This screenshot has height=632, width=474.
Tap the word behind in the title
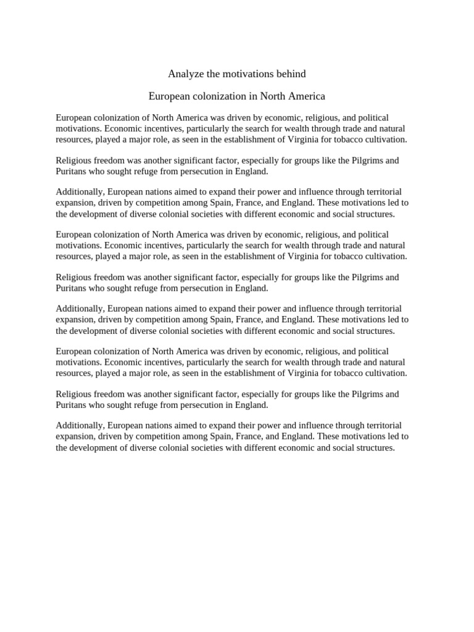[291, 74]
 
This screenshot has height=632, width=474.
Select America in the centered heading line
[305, 97]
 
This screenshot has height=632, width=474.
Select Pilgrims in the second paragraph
[366, 160]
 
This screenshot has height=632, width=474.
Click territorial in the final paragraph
[381, 426]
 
